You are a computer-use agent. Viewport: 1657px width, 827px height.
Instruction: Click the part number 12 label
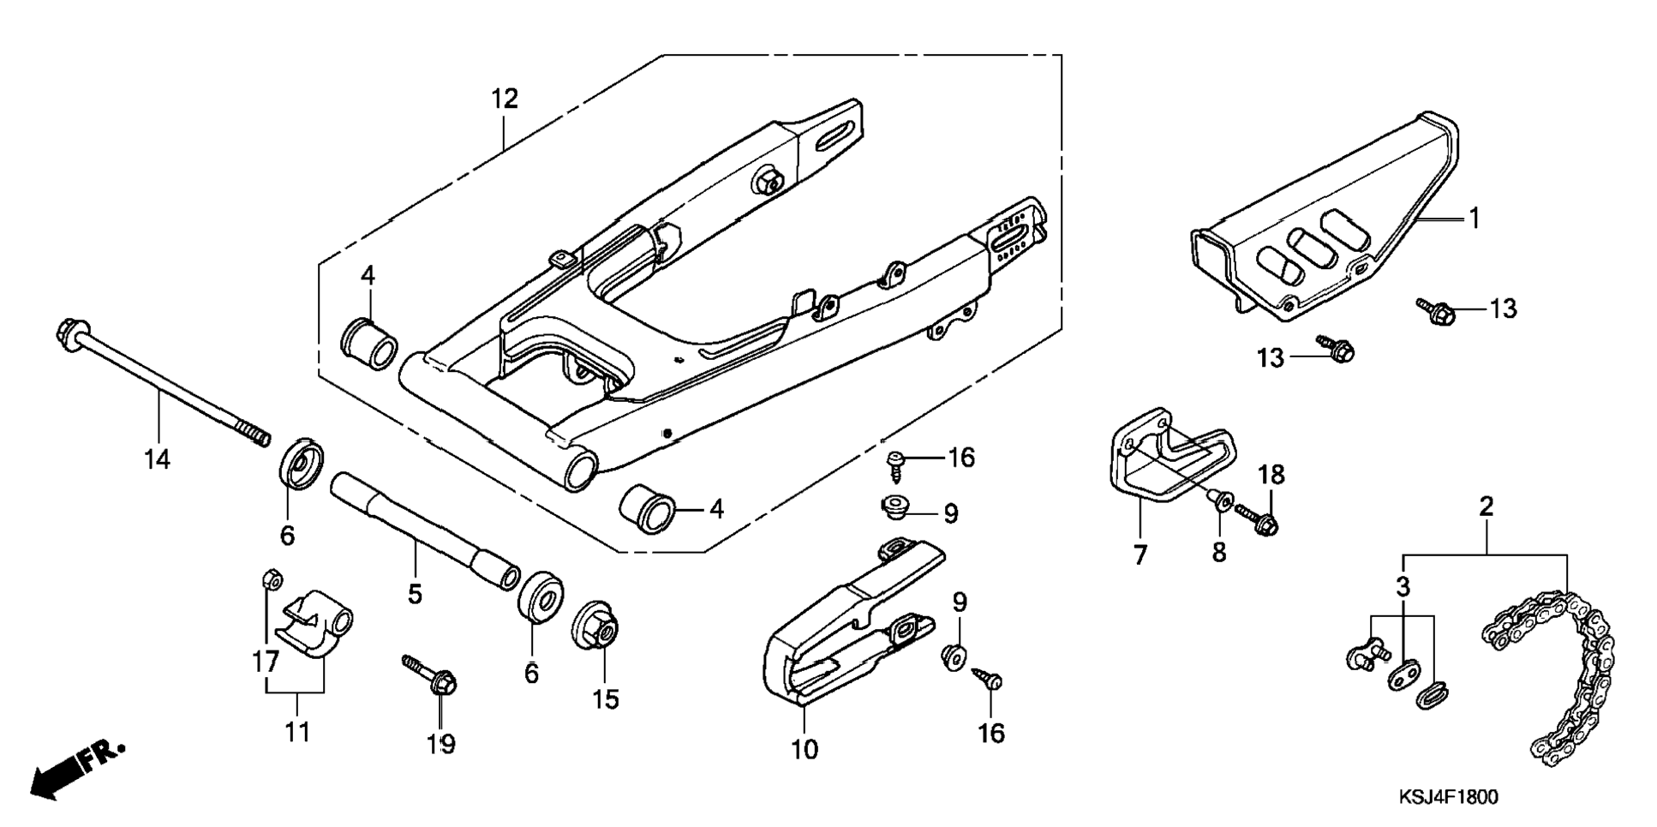click(505, 99)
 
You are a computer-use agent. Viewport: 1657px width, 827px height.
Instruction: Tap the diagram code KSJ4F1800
click(1449, 798)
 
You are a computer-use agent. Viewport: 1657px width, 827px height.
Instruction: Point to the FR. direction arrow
click(77, 770)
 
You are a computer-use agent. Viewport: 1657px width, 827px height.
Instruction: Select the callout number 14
click(157, 459)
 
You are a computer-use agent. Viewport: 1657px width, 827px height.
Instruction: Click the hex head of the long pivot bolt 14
click(71, 330)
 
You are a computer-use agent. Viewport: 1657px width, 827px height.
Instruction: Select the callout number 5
click(416, 593)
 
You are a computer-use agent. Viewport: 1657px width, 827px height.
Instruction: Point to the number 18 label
click(1271, 474)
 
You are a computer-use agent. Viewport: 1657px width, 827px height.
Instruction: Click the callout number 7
click(1140, 555)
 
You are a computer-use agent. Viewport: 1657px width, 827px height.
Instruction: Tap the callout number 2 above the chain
click(1486, 506)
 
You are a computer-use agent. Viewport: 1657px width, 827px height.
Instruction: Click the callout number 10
click(805, 750)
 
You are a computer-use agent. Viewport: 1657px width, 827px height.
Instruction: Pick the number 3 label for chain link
click(1403, 588)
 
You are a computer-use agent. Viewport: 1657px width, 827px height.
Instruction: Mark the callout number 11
click(297, 732)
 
